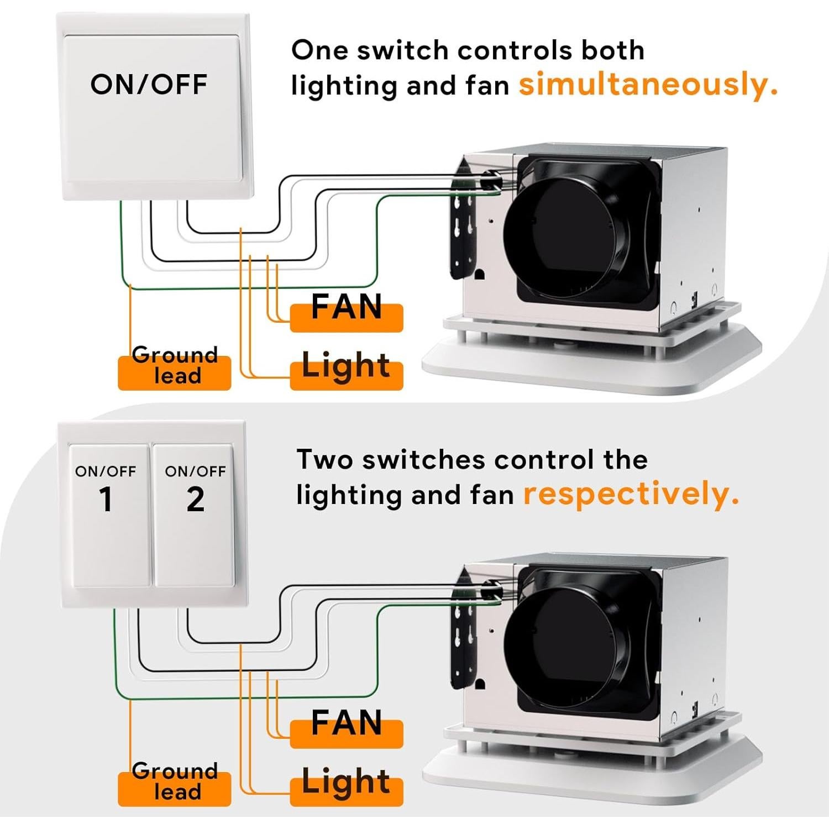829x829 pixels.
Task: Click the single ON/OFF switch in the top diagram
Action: tap(152, 108)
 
